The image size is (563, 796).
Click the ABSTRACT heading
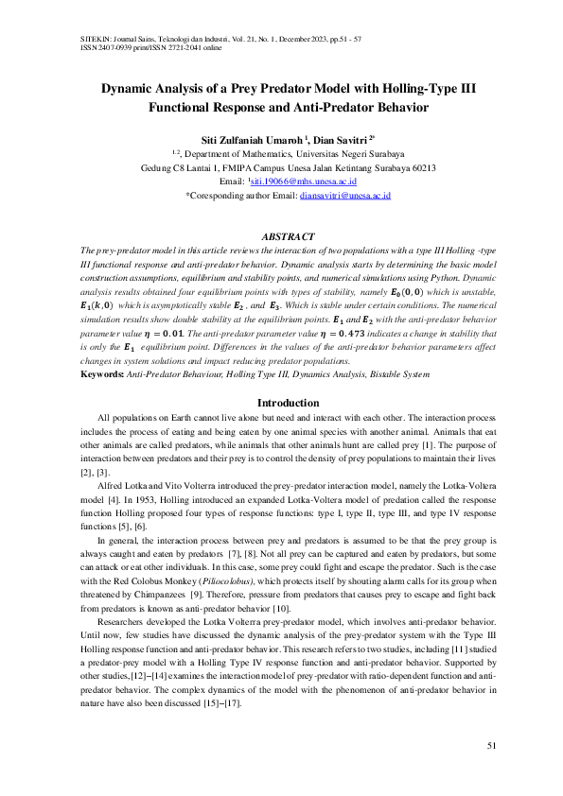point(281,235)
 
